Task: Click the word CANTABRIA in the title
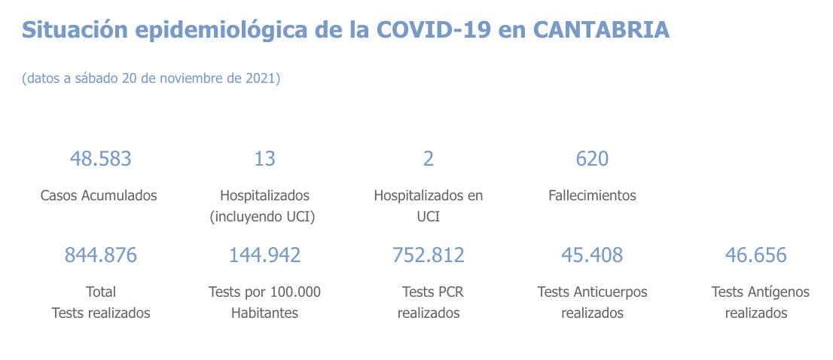(x=601, y=29)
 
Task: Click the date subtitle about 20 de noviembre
(x=151, y=78)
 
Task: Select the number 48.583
(x=100, y=159)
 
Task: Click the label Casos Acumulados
(x=99, y=196)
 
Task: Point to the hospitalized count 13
(x=264, y=159)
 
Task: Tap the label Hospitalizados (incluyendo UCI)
(x=264, y=206)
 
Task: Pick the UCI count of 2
(x=429, y=159)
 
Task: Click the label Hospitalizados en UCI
(x=429, y=206)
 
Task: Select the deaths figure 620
(x=592, y=159)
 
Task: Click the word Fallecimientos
(x=592, y=196)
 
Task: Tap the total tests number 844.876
(x=101, y=255)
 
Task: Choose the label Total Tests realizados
(x=101, y=302)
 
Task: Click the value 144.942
(x=264, y=255)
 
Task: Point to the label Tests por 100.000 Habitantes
(x=264, y=302)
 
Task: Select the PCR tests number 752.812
(x=429, y=255)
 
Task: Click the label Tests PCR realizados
(x=429, y=302)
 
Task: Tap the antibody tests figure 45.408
(x=592, y=255)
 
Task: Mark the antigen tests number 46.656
(x=755, y=255)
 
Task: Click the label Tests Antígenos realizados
(x=756, y=302)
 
